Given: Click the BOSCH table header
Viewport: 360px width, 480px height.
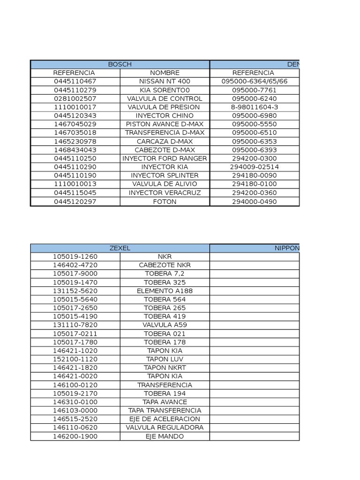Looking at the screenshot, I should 120,64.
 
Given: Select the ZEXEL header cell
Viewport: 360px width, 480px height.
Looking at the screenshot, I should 120,248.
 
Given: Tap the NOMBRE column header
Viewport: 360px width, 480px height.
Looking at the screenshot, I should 165,73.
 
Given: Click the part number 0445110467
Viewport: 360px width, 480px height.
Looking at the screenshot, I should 75,82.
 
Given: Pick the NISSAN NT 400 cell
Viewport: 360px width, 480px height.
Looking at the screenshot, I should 165,82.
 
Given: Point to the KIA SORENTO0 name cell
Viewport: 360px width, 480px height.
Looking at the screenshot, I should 165,90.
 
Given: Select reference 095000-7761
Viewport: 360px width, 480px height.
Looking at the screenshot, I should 254,90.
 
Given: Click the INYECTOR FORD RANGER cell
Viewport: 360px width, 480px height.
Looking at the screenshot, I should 165,158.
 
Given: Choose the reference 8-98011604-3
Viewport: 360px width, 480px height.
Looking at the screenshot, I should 254,107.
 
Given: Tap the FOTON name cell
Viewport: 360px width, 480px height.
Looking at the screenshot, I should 165,202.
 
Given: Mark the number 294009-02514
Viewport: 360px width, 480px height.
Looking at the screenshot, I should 254,167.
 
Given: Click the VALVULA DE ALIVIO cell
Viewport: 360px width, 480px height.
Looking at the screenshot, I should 165,184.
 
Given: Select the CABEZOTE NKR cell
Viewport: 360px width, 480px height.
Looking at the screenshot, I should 165,265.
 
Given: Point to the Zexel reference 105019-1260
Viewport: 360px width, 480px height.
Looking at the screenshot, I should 75,256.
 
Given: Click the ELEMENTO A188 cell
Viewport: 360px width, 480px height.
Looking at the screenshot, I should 165,291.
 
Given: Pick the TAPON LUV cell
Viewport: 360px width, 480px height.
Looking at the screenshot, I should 165,359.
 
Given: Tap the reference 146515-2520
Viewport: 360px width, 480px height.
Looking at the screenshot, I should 75,419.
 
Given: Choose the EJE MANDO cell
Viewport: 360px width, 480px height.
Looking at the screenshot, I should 165,436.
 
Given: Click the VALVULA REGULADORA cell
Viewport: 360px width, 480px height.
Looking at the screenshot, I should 165,427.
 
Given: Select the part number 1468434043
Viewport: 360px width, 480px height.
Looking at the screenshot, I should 75,150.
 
